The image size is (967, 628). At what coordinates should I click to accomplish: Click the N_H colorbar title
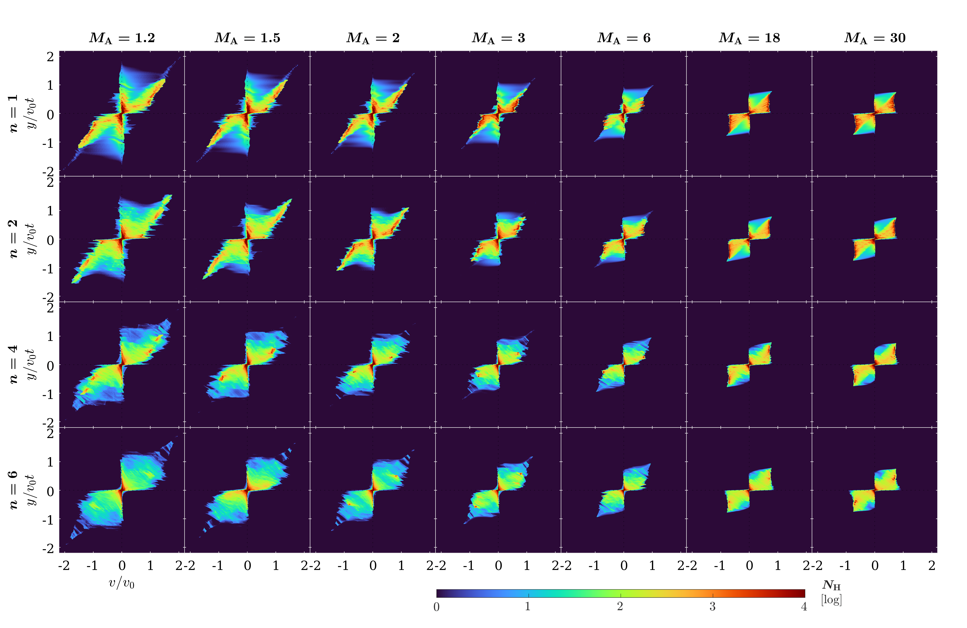tap(831, 585)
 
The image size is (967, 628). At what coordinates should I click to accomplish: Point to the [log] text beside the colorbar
tap(831, 600)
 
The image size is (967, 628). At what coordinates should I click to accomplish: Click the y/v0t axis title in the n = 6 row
tap(31, 490)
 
